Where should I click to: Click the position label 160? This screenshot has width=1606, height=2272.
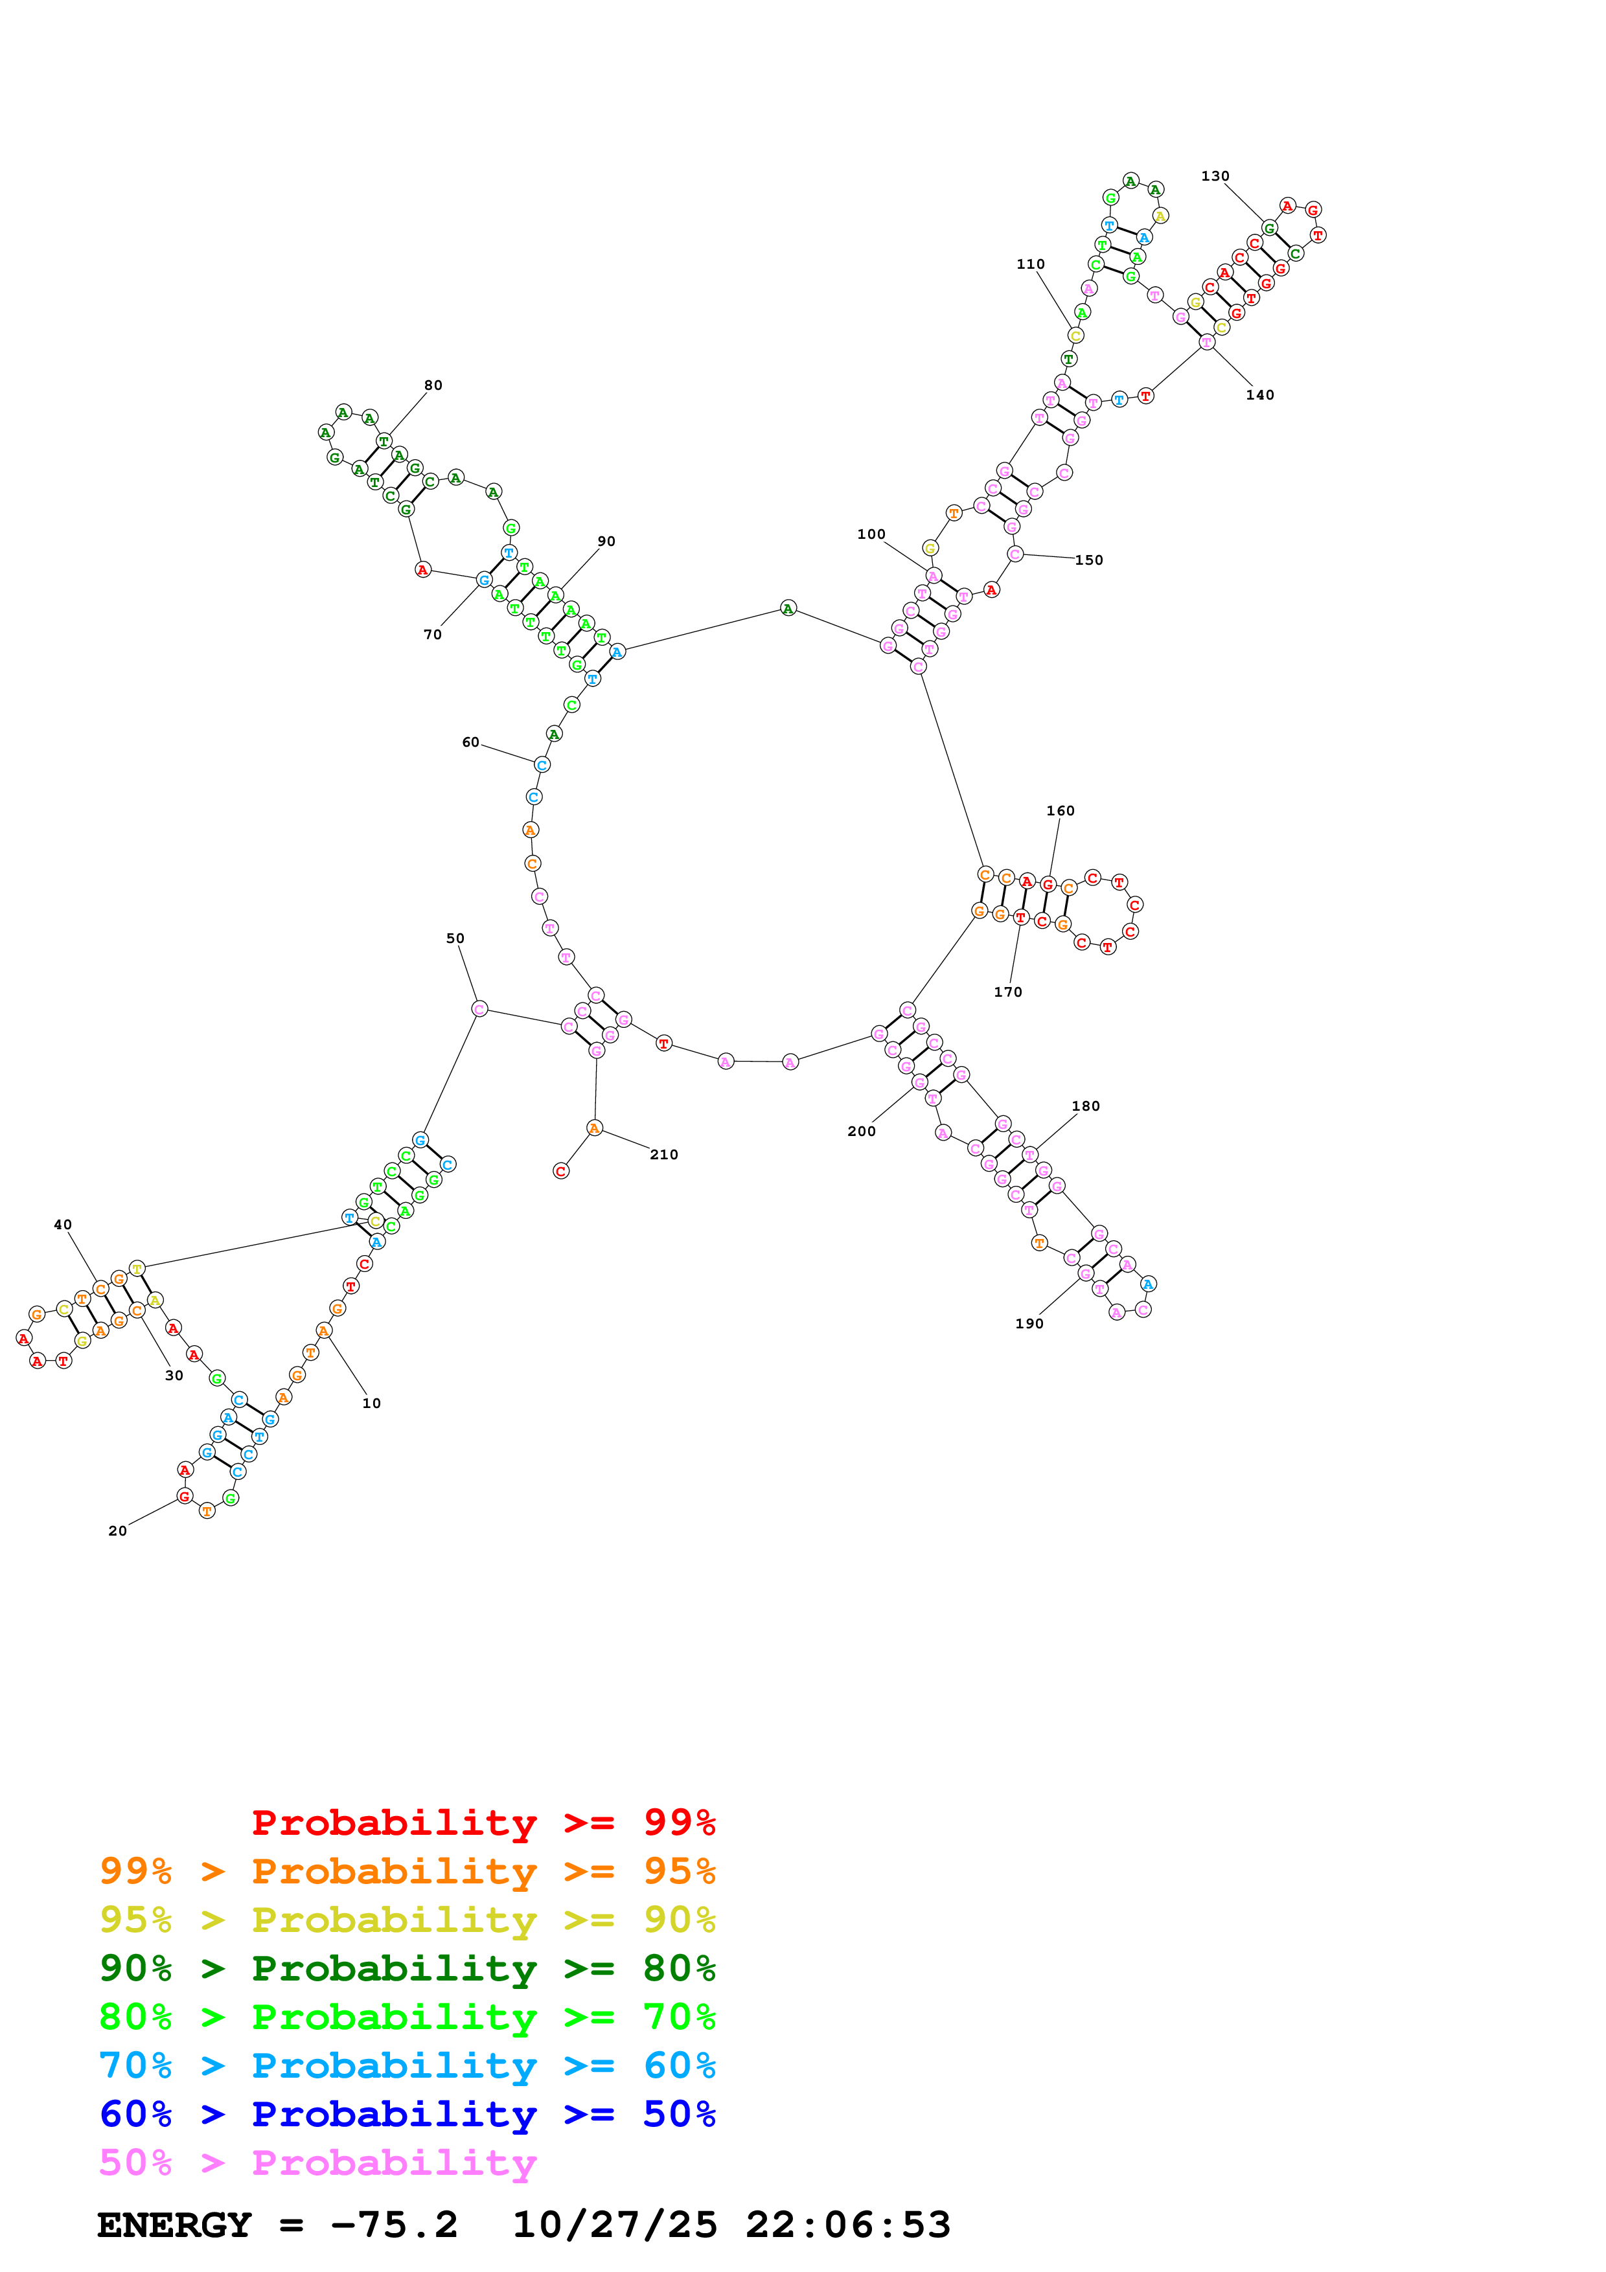[1060, 810]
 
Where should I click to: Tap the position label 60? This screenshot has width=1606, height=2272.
[470, 742]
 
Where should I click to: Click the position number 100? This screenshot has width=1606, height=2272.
[871, 534]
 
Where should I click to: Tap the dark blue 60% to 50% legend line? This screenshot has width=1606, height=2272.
[407, 2114]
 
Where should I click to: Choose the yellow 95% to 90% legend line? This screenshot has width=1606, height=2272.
[407, 1920]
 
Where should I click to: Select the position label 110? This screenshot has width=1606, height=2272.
[1030, 264]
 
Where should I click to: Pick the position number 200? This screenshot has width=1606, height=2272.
[861, 1131]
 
